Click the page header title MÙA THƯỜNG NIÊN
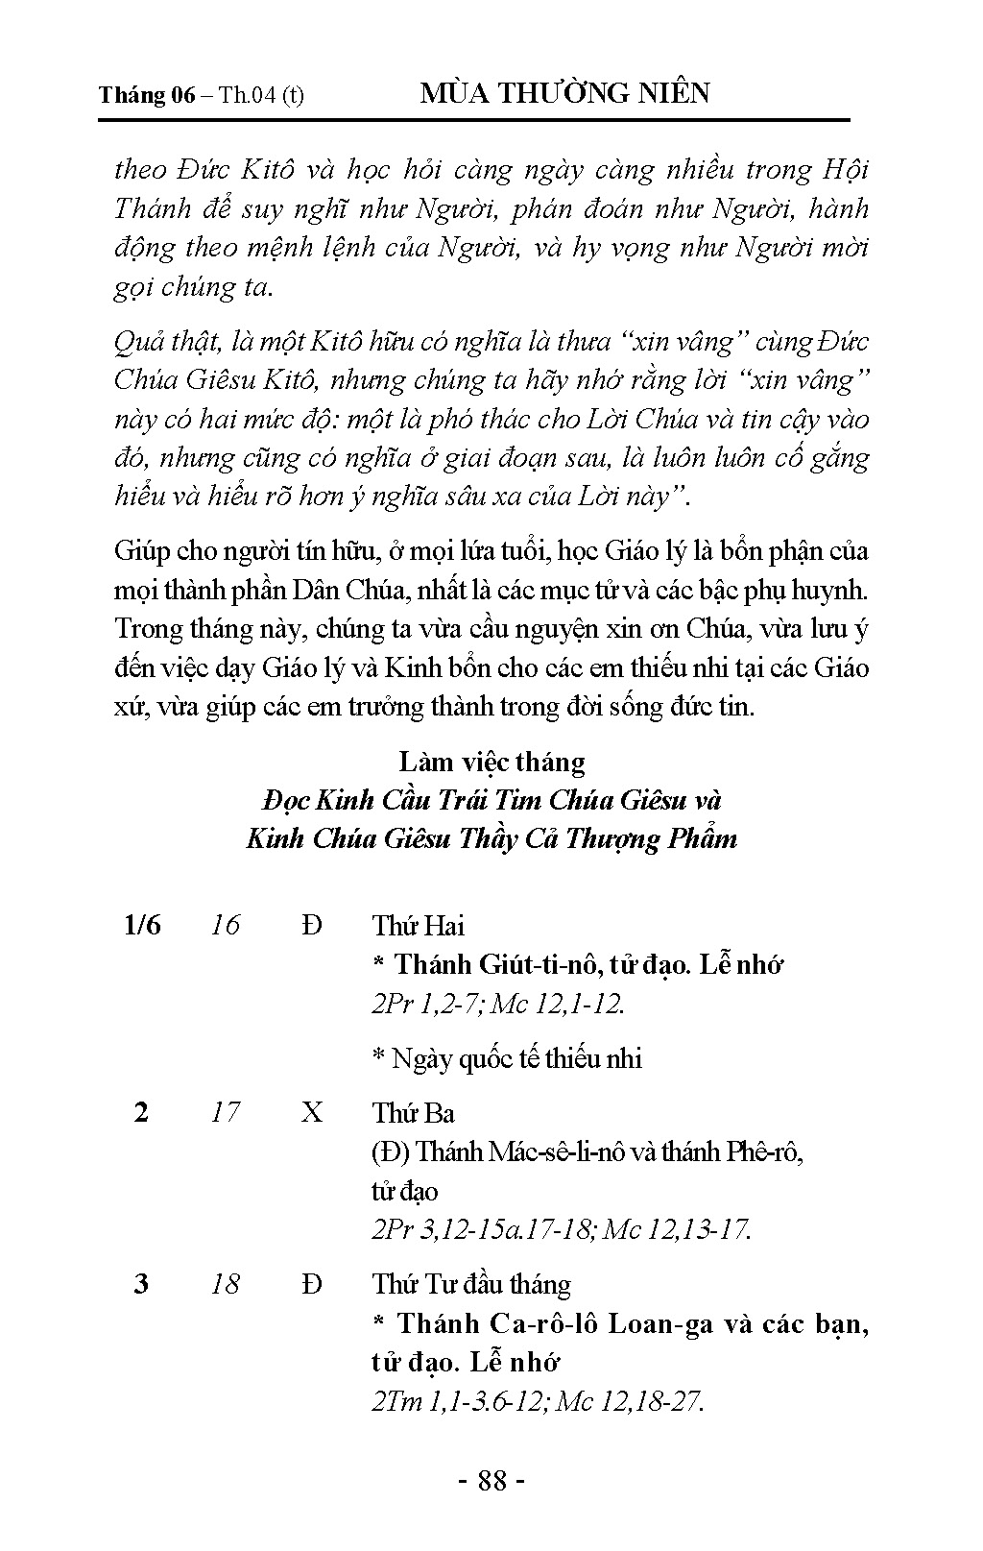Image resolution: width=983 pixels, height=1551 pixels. pos(564,93)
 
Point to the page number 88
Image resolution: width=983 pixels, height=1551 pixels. pos(491,1480)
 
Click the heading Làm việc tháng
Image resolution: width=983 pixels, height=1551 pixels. pos(491,762)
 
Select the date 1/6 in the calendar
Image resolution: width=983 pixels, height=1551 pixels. pos(142,925)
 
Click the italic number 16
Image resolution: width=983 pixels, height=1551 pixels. pos(225,925)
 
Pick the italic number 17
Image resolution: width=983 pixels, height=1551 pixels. pos(225,1112)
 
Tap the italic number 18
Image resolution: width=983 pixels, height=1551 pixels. pos(225,1284)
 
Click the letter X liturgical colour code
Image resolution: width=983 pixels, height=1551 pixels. pos(312,1112)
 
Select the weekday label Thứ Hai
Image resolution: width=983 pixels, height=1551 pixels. pos(418,926)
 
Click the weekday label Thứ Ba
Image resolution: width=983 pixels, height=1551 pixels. pos(414,1113)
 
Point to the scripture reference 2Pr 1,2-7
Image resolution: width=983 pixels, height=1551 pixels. pos(429,1004)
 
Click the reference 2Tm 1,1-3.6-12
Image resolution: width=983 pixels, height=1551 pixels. pos(459,1401)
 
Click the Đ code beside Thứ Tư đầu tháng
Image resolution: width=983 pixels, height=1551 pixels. pos(312,1284)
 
